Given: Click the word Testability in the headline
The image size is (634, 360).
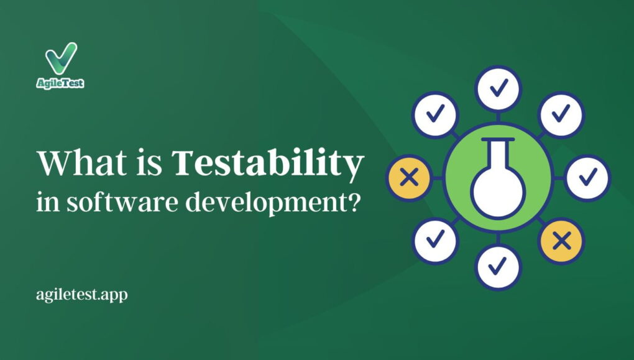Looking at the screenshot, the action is (267, 164).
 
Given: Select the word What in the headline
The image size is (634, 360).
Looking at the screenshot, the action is (81, 163).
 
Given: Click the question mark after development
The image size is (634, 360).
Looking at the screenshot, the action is (354, 201).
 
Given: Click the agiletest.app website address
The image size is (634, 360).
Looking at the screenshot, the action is (81, 295).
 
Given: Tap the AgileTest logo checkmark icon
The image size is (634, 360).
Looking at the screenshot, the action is (61, 58).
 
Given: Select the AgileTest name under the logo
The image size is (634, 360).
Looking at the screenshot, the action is (60, 83).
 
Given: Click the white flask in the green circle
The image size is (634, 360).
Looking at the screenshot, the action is (498, 177).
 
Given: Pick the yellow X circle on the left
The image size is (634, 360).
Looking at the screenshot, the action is (409, 178).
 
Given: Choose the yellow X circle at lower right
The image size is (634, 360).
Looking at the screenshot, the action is (561, 241).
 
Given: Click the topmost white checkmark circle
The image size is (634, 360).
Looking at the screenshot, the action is (498, 88).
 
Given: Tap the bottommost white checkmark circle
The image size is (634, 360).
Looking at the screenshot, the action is (498, 267).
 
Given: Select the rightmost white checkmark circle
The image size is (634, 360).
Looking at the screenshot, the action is (587, 178).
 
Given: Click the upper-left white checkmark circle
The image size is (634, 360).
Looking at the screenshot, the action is (435, 114).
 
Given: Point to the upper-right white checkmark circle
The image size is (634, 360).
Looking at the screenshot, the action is (561, 114).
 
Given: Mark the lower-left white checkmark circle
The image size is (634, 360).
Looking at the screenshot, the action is (435, 241).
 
